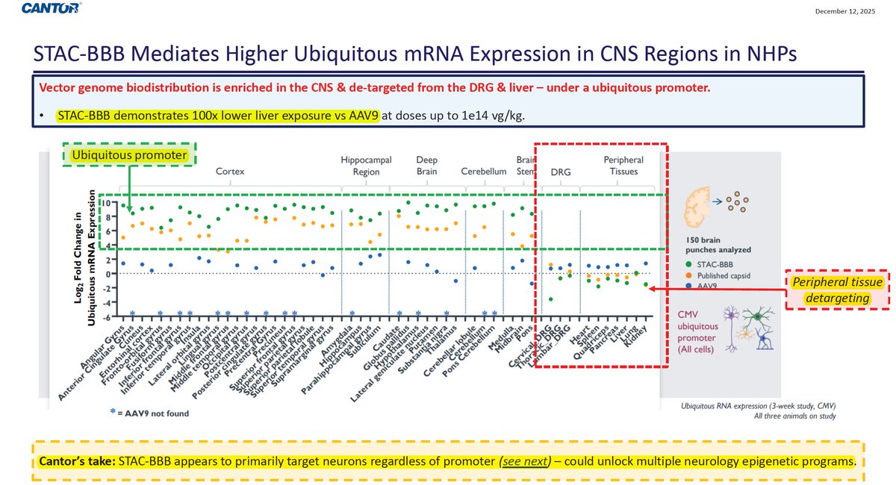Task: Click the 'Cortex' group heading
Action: pos(230,171)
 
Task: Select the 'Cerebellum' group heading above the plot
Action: pos(484,171)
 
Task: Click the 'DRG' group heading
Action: pos(560,172)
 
